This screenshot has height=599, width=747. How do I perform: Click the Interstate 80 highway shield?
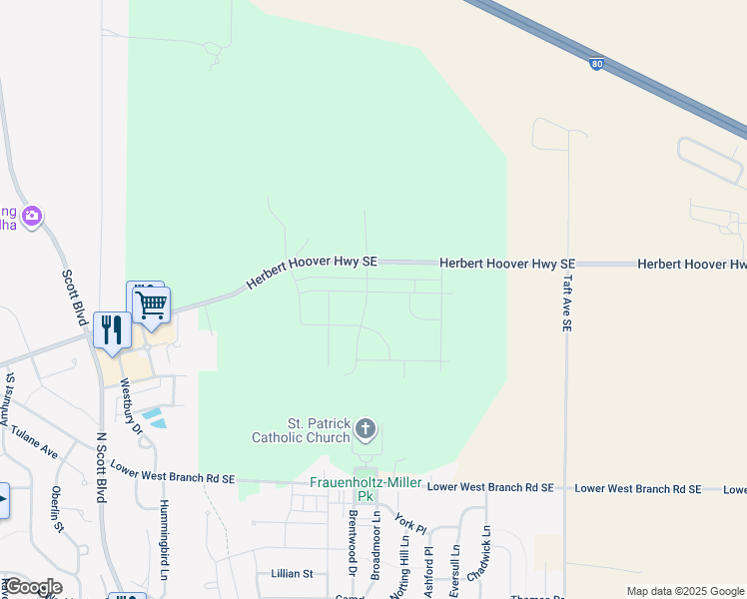(x=595, y=64)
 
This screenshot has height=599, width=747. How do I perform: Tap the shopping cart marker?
(x=152, y=303)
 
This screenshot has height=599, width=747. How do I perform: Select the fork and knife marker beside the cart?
(x=111, y=329)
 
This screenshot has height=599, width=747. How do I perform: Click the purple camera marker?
(x=32, y=215)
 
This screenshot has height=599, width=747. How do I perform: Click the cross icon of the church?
(x=366, y=431)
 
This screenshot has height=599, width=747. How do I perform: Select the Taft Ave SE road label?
(x=567, y=302)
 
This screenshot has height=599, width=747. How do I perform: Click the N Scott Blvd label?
(x=100, y=468)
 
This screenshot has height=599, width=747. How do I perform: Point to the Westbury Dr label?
(x=130, y=405)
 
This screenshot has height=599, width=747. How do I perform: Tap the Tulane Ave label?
(x=35, y=439)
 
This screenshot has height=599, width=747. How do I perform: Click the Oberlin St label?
(x=57, y=510)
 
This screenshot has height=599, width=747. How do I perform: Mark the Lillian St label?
(x=292, y=574)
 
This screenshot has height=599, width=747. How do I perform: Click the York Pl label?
(x=410, y=522)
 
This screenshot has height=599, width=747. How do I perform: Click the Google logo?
(x=32, y=587)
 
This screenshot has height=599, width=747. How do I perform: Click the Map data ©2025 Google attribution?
(x=685, y=591)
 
